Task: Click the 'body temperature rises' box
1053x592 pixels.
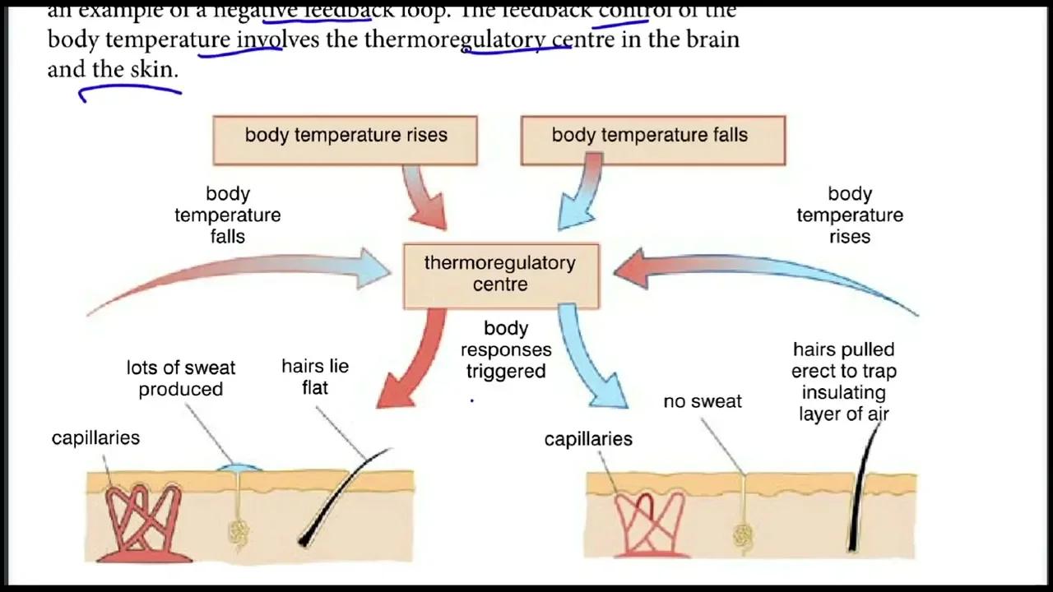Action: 345,140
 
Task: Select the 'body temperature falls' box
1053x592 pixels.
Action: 653,140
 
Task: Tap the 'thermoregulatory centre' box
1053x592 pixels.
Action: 500,275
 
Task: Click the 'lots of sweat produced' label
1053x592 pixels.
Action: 181,378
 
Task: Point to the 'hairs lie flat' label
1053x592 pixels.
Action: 315,376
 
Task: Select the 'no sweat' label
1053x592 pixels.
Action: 703,401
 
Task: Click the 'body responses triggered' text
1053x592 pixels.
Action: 506,349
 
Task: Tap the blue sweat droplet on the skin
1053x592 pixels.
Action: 239,468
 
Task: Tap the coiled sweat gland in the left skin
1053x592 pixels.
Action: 240,534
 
